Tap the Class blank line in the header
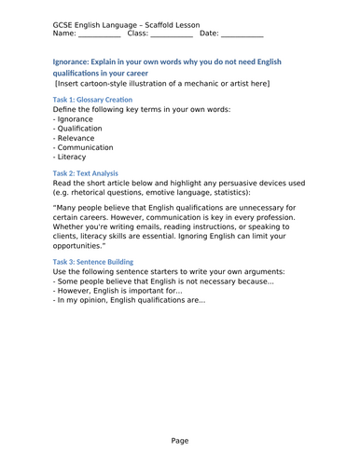point(171,34)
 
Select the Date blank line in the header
point(242,34)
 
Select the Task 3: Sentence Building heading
point(93,263)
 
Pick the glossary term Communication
point(87,147)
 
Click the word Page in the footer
point(180,440)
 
